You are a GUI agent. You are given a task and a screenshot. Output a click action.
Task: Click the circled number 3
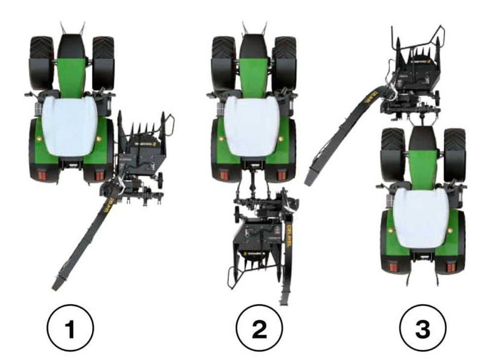(x=423, y=330)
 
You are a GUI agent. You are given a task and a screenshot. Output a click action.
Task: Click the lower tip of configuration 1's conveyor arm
(x=56, y=285)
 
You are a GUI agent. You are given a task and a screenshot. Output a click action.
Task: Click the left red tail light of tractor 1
(x=40, y=176)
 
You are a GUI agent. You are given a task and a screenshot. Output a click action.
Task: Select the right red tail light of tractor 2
(x=282, y=175)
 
